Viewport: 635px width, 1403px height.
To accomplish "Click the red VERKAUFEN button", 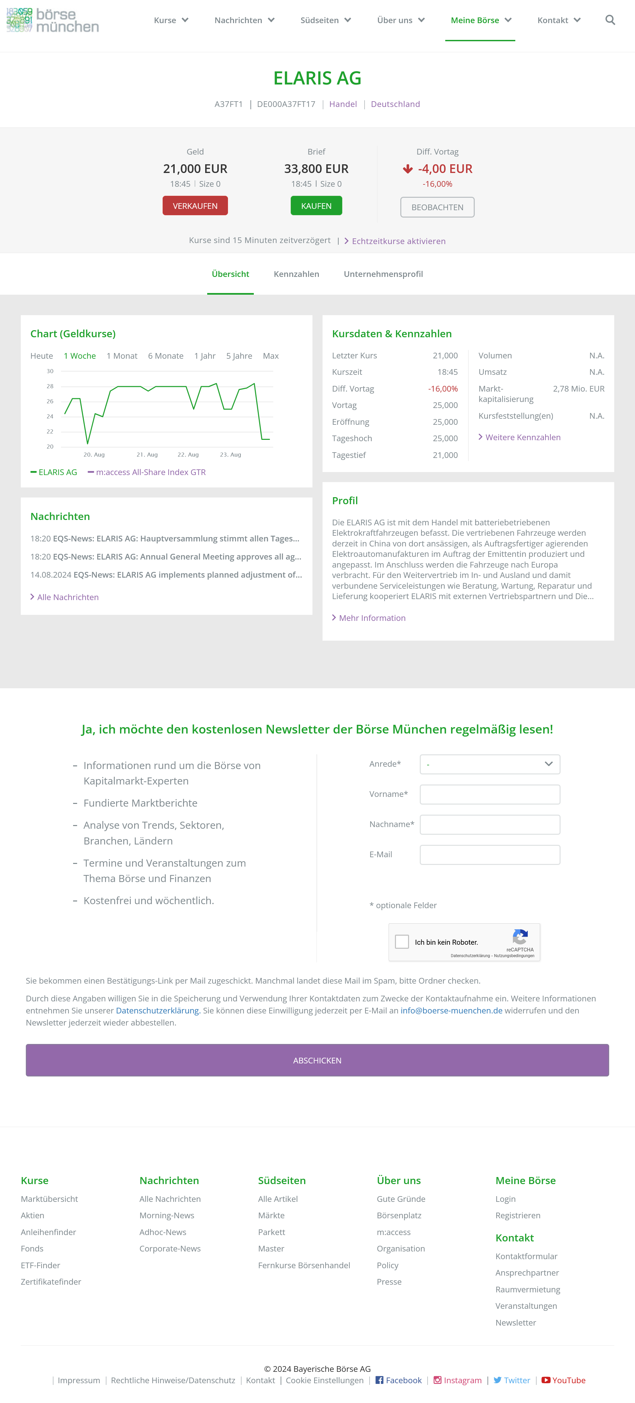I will [x=195, y=206].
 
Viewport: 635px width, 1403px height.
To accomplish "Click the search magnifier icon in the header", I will [x=610, y=20].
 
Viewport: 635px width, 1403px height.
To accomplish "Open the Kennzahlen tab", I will [x=296, y=274].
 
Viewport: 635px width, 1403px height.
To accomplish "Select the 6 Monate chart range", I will [x=166, y=356].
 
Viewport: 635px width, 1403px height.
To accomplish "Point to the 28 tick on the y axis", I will [x=50, y=386].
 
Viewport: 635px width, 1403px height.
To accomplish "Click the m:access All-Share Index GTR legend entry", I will [x=150, y=472].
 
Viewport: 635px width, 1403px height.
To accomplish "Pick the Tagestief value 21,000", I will [x=445, y=455].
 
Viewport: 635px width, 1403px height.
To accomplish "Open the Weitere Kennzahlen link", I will [x=522, y=437].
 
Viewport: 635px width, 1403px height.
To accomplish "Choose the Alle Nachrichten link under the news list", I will [x=67, y=597].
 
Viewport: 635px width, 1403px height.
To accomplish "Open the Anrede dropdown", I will [x=489, y=764].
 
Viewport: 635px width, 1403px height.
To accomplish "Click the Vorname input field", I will [x=489, y=795].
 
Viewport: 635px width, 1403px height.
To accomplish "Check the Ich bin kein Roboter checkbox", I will [x=402, y=942].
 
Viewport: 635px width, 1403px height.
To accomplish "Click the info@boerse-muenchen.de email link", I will [x=451, y=1011].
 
